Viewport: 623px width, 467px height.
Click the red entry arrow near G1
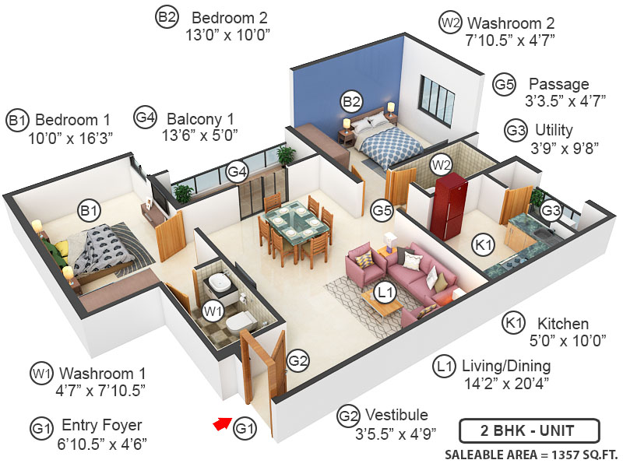(223, 424)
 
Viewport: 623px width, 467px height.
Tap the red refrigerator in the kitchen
(451, 207)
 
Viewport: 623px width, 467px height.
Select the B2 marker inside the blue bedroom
(352, 101)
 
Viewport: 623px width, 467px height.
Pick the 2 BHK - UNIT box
(529, 430)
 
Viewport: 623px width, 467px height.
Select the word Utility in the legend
(554, 129)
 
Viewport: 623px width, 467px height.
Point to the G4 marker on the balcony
(238, 170)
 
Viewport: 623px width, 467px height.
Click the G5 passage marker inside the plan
(382, 209)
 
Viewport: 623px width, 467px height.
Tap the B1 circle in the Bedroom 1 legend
(18, 121)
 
